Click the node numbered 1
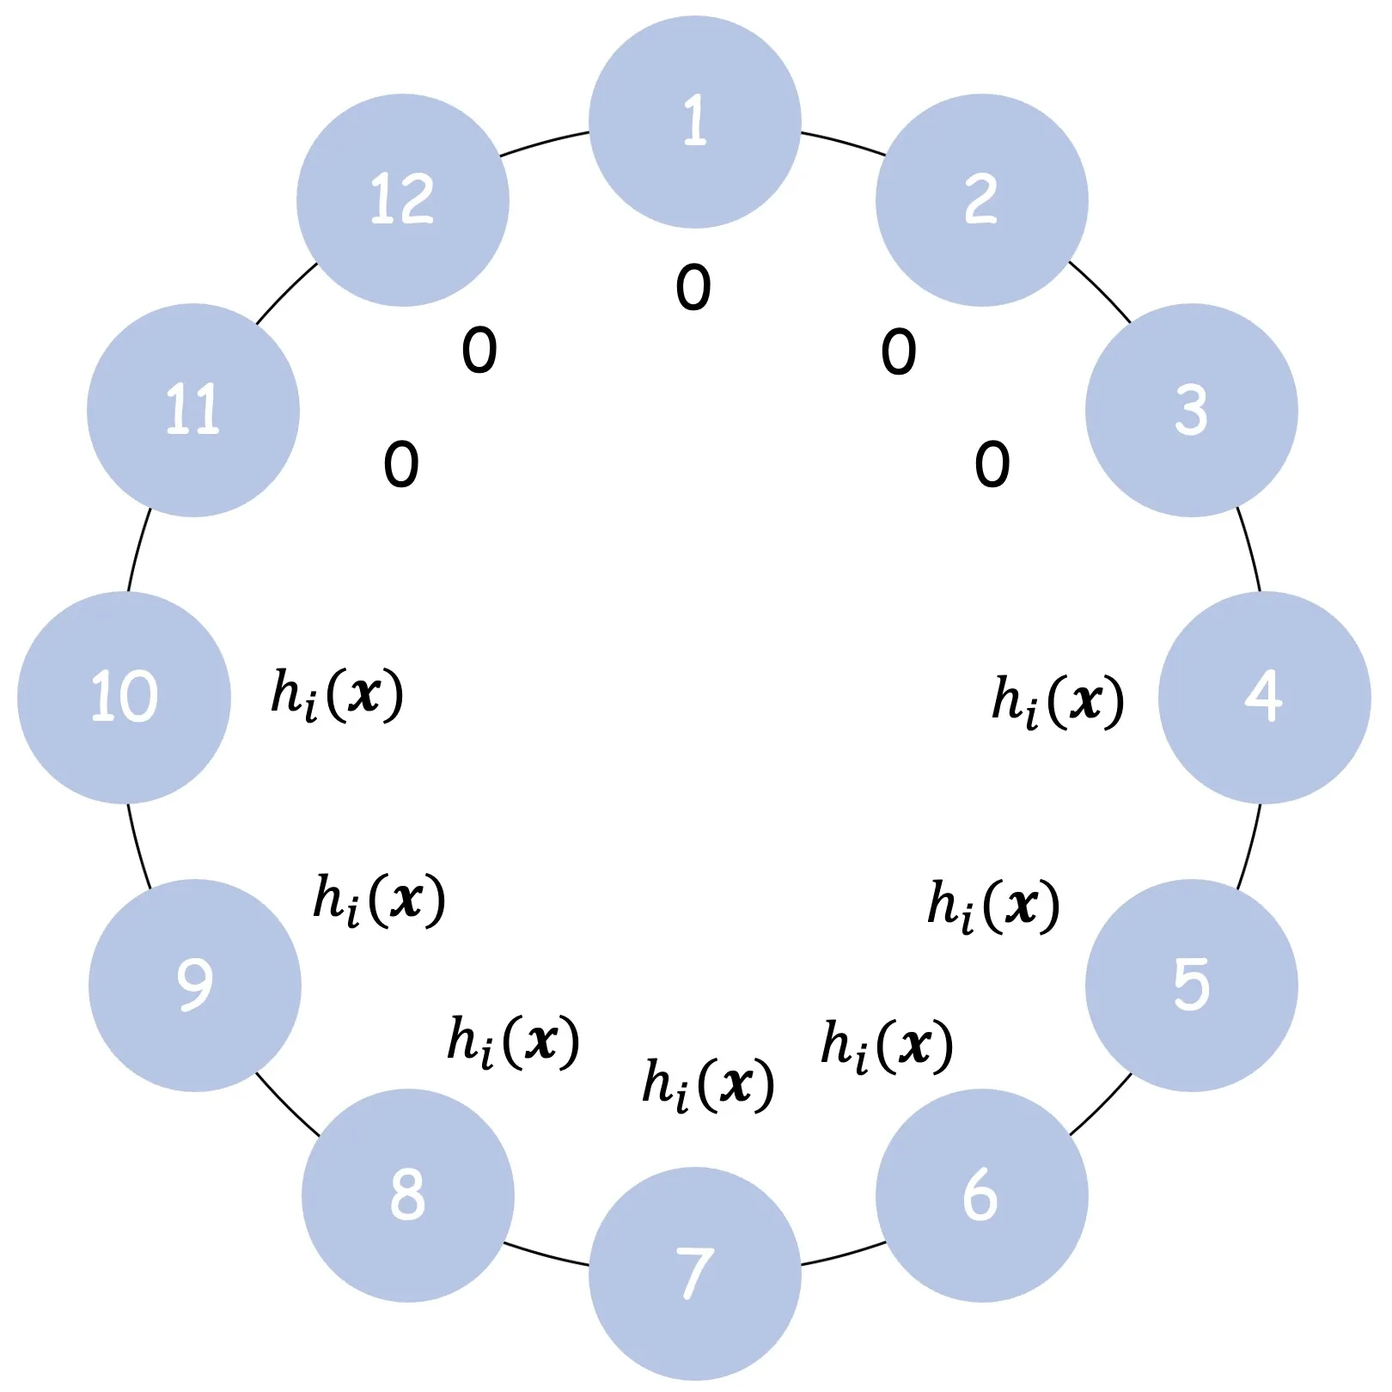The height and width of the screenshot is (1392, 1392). coord(695,122)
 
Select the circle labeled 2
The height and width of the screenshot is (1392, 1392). coord(981,199)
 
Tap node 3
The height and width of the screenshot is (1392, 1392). coord(1191,410)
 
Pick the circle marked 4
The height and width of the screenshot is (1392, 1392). coord(1264,697)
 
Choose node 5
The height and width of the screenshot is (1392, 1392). coord(1191,985)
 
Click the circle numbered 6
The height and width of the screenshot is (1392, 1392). coord(981,1195)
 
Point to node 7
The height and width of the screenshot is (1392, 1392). coord(695,1273)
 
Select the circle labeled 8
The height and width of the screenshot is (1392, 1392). coord(408,1195)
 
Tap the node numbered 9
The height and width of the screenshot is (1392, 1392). coord(195,985)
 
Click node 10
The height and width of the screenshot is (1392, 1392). coord(124,697)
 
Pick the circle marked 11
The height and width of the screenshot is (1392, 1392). coord(193,410)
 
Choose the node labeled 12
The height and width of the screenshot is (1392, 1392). coord(403,199)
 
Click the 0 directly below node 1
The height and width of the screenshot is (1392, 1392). coord(693,287)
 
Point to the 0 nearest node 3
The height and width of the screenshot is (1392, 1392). coord(992,465)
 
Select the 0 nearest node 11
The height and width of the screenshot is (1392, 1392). coord(401,465)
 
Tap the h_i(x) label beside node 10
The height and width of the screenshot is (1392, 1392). coord(337,694)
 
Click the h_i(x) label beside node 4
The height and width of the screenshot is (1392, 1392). coord(1058,700)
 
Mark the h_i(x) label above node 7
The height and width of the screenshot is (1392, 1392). coord(708,1084)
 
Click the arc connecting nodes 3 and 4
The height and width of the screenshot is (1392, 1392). coord(1250,550)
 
